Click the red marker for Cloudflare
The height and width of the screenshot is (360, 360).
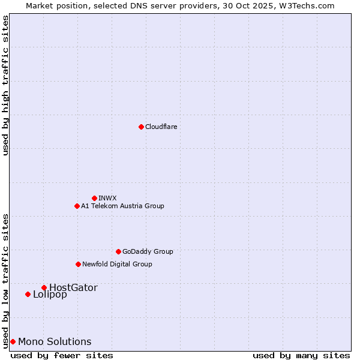point(141,127)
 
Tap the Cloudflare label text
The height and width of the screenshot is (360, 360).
point(161,127)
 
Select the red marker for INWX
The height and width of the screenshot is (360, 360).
point(94,198)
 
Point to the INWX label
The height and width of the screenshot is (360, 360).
point(107,198)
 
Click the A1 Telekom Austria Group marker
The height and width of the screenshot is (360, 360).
point(77,206)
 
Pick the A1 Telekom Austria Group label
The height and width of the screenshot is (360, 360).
point(122,206)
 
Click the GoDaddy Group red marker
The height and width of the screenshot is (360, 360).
point(118,251)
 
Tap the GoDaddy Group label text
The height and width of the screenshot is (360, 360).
point(148,251)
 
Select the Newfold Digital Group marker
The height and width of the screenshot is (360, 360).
point(78,264)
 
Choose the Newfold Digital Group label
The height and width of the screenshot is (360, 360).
point(117,264)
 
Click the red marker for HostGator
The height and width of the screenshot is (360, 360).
point(44,287)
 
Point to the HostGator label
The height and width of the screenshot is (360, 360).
point(73,287)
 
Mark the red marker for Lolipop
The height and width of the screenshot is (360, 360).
point(28,294)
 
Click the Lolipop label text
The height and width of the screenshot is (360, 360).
point(50,294)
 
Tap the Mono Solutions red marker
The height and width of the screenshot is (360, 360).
point(13,341)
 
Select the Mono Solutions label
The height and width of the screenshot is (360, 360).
point(55,341)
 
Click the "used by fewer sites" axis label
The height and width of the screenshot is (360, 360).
point(62,355)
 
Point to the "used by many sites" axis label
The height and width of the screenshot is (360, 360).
point(301,355)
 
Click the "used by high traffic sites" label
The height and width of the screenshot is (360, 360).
point(5,85)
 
